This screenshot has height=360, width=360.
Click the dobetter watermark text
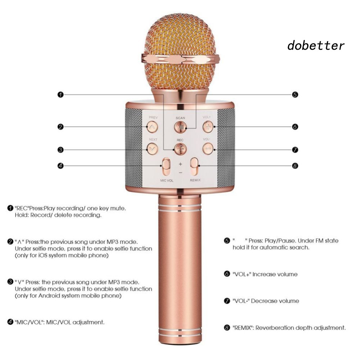point(315,46)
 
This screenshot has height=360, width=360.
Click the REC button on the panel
point(180,148)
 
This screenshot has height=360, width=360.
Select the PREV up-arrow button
point(152,126)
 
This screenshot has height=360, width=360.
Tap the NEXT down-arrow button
point(152,148)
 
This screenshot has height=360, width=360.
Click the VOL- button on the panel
point(208,148)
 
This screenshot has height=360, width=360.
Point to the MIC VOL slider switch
point(166,167)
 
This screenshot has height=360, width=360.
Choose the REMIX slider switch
point(195,167)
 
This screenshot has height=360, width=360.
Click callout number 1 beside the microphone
point(60,95)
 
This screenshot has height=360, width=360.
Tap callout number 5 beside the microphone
point(295,95)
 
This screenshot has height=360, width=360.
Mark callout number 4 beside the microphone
point(60,166)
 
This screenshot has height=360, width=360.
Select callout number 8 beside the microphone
point(295,166)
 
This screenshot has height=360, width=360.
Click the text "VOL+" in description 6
point(241,274)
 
